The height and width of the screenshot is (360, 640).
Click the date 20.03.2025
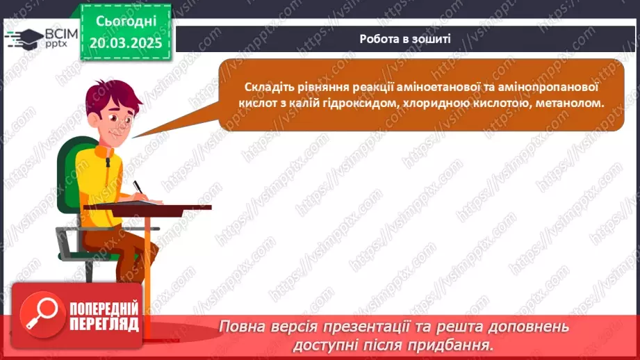[125, 43]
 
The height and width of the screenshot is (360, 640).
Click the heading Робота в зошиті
[405, 39]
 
